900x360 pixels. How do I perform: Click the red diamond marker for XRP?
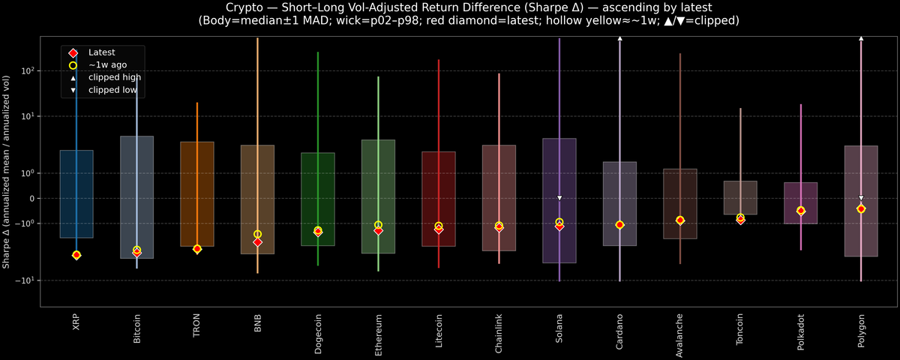[76, 255]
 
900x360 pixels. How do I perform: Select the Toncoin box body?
[740, 197]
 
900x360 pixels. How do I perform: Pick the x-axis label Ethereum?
[378, 331]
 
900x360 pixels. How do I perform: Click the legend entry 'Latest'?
[101, 52]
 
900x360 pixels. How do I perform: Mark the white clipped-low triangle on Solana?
[559, 198]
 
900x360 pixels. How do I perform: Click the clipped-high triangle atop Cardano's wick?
[619, 38]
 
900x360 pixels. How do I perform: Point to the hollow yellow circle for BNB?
[257, 234]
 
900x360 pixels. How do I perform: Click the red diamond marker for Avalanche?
[680, 220]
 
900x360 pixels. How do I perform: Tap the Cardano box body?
[619, 203]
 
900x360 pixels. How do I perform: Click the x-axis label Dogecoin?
[318, 333]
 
